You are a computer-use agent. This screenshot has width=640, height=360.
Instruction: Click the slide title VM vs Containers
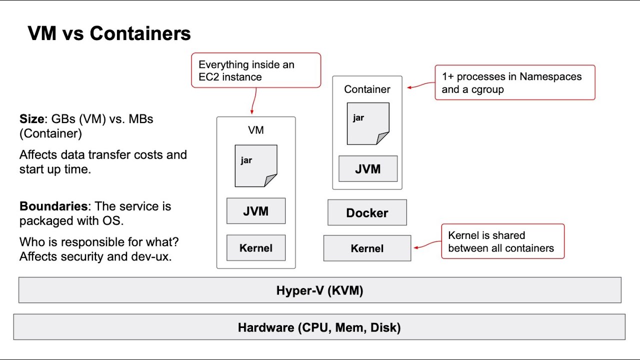point(109,33)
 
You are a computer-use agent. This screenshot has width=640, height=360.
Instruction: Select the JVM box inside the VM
point(256,211)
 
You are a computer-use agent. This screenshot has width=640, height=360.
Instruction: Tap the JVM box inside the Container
point(368,168)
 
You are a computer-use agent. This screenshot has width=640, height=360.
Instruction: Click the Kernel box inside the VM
point(256,248)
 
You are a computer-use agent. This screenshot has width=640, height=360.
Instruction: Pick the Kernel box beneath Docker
point(367,248)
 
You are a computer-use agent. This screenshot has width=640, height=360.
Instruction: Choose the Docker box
point(367,213)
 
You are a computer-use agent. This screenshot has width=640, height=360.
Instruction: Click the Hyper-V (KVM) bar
point(320,290)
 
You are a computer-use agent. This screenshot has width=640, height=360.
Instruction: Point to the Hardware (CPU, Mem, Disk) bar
point(319,327)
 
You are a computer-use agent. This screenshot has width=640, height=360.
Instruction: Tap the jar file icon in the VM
point(256,166)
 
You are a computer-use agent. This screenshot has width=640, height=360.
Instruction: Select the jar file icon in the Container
point(368,123)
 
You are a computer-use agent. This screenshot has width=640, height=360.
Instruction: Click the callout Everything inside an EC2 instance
point(256,70)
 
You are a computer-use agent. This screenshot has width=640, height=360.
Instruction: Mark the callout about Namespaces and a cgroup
point(514,82)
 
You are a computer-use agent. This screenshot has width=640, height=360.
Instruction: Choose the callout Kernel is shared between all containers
point(502,241)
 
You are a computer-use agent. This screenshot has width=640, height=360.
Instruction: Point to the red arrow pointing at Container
point(420,86)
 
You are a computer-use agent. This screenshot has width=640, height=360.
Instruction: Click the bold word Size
point(32,119)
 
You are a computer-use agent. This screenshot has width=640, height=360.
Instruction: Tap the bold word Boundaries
point(53,206)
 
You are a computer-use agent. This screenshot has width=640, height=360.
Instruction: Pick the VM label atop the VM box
point(256,130)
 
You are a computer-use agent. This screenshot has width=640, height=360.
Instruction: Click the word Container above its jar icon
point(367,89)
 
